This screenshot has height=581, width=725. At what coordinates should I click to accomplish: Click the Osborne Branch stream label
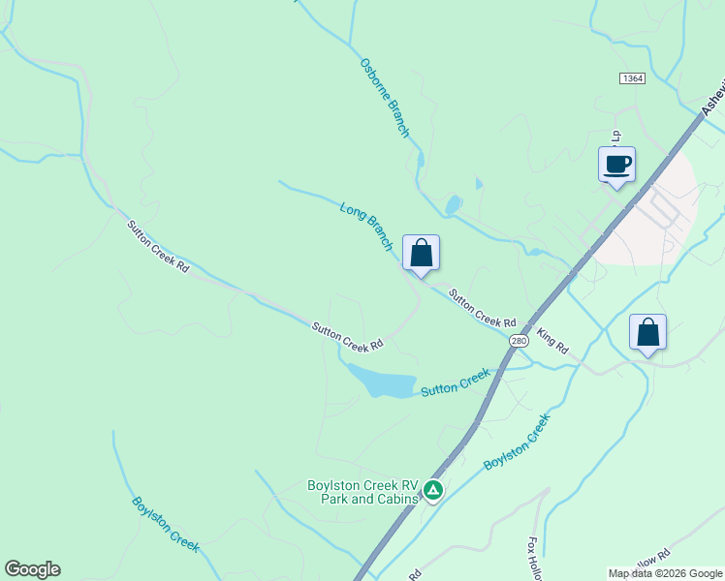tap(385, 97)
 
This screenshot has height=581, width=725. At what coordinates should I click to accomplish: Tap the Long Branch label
tap(366, 226)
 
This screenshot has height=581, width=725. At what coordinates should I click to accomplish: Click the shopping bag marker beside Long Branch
tap(421, 254)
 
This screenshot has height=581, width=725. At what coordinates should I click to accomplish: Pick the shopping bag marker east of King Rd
tap(647, 332)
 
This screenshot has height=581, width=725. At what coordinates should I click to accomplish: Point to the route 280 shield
tap(519, 341)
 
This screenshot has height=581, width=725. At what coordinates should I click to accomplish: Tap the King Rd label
tap(552, 342)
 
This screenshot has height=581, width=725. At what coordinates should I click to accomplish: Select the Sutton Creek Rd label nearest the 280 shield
tap(482, 308)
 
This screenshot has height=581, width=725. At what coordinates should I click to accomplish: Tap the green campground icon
tap(433, 491)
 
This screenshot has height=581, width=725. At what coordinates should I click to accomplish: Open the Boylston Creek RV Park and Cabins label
tap(362, 492)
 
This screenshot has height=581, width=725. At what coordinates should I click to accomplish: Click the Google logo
tap(32, 569)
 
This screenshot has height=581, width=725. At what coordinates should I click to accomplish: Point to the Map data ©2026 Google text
tap(665, 573)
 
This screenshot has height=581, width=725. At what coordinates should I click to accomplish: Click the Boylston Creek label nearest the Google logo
tap(165, 524)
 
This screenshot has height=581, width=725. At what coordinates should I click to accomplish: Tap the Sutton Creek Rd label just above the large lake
tap(347, 336)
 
